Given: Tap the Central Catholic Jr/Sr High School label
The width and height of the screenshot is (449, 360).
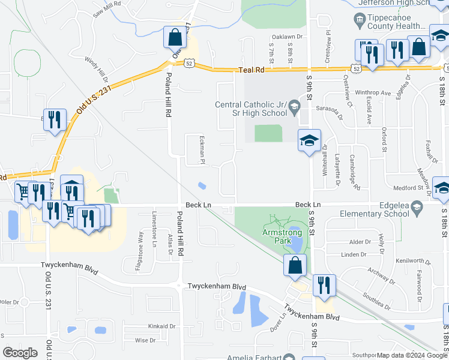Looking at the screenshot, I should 251,109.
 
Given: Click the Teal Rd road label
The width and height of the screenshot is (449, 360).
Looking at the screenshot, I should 252,70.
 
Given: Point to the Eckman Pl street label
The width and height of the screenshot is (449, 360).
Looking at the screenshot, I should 203,149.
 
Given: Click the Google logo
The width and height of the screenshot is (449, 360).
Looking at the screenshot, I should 20,352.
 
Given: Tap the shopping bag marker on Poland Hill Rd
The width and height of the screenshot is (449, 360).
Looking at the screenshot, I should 175,38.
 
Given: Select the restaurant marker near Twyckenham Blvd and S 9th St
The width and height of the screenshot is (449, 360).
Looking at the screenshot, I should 324,286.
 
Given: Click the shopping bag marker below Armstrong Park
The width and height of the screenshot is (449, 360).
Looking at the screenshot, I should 295,266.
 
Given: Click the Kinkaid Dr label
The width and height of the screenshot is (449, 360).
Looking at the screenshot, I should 162,326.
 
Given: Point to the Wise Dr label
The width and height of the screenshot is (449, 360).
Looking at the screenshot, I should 145,340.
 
